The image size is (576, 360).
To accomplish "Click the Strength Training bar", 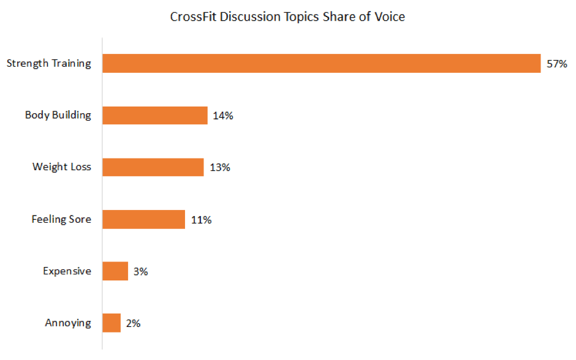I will click(321, 64).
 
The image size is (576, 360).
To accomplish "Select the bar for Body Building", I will click(155, 115).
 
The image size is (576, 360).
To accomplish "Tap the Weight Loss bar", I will click(153, 167).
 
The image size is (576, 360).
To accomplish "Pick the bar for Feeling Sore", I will click(143, 219).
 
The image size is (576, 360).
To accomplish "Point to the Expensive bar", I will click(115, 271).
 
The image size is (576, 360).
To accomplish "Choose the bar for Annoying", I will click(112, 323).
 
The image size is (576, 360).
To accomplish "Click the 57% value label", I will click(557, 64).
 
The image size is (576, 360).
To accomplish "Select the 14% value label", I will click(223, 115).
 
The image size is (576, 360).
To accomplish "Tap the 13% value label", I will click(219, 167).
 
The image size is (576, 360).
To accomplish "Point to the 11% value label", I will click(201, 219).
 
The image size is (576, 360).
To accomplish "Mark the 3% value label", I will click(140, 271).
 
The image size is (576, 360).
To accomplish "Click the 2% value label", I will click(133, 323).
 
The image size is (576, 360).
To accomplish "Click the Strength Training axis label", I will click(48, 64).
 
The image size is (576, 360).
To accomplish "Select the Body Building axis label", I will click(58, 115).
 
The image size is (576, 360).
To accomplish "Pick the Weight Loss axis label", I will click(61, 167).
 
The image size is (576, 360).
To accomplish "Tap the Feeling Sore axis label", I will click(61, 219).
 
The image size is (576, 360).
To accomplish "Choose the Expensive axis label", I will click(67, 271).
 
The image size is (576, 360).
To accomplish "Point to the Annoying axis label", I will click(68, 323).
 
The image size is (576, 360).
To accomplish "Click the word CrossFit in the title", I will click(192, 17).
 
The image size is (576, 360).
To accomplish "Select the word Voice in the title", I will click(390, 17).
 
